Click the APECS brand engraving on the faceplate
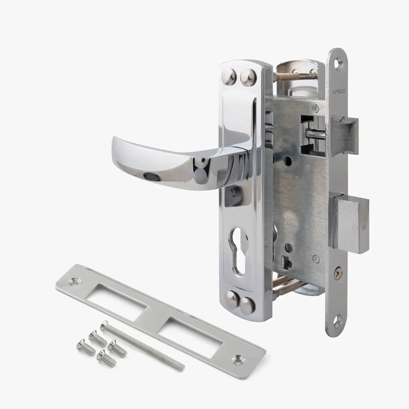339,91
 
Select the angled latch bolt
345,136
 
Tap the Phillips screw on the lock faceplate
338,273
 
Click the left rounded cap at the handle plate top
229,76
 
